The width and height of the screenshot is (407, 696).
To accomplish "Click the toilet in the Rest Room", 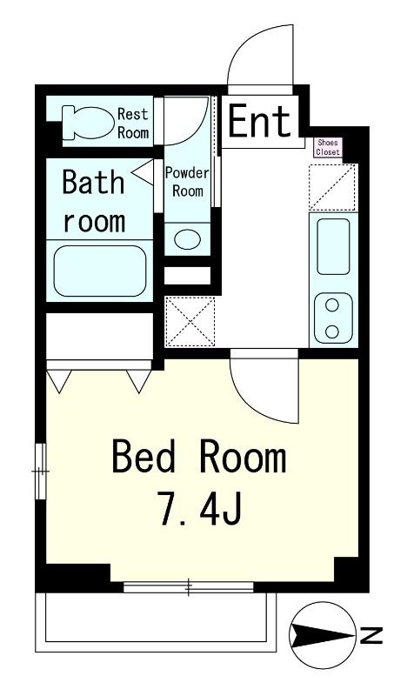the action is (88, 122).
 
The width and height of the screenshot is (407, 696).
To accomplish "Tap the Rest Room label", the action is (133, 123).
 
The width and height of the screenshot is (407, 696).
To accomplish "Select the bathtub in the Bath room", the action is (100, 271).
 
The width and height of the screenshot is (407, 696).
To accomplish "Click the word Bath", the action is (93, 182).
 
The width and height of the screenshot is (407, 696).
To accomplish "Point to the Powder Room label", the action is (187, 182).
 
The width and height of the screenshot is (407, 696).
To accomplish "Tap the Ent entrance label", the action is (260, 120).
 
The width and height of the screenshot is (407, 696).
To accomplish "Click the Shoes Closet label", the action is (328, 147).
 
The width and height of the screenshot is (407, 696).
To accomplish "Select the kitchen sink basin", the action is (333, 246).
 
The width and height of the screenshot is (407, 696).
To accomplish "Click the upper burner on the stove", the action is (332, 305).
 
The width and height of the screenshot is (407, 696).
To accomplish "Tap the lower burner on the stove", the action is (332, 331).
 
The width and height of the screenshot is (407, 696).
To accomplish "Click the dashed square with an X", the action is (190, 322).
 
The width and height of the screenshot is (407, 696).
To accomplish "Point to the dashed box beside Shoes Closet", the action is (332, 187).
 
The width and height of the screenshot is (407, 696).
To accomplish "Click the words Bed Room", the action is (199, 456).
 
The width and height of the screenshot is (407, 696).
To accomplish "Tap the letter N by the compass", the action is (372, 635).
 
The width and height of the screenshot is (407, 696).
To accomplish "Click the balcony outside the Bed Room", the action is (156, 622).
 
